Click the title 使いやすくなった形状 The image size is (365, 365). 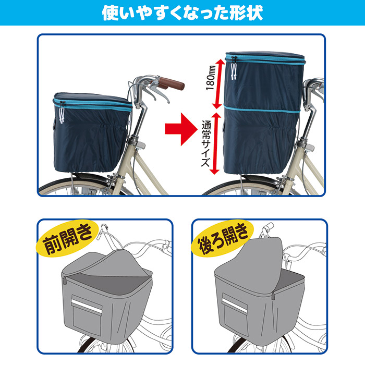point(182,13)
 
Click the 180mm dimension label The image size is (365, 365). point(211,78)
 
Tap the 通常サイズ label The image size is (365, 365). point(206,143)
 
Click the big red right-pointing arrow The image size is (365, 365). point(180,130)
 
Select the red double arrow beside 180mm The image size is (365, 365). point(217,83)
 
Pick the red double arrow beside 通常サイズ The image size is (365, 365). point(215,143)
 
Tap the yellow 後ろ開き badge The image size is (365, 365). point(222,238)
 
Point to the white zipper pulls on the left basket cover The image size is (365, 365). point(62,113)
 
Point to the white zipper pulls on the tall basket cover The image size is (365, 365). point(234,69)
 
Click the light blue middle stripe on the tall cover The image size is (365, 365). point(262,109)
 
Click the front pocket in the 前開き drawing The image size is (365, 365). point(87,314)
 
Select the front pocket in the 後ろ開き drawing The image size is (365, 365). point(235,312)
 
